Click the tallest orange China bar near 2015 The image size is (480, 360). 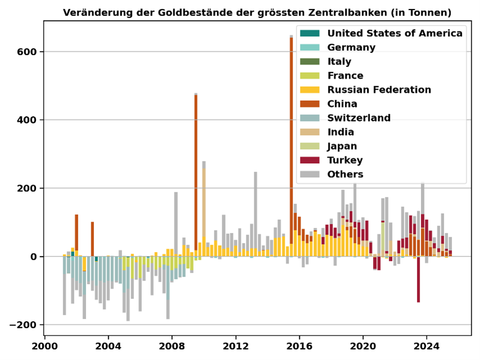point(291,141)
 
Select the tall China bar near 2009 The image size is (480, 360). point(196,173)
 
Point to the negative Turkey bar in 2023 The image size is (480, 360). point(419,279)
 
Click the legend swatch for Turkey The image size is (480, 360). point(309,160)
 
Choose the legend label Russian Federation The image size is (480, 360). point(379,89)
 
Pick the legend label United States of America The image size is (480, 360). point(394,33)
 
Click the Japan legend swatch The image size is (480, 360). point(309,146)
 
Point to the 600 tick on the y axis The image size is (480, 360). point(26,52)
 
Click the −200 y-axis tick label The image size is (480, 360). point(23,325)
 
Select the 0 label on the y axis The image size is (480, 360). point(33,257)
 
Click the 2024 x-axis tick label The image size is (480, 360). point(427,346)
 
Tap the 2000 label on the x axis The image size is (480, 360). point(44,346)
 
